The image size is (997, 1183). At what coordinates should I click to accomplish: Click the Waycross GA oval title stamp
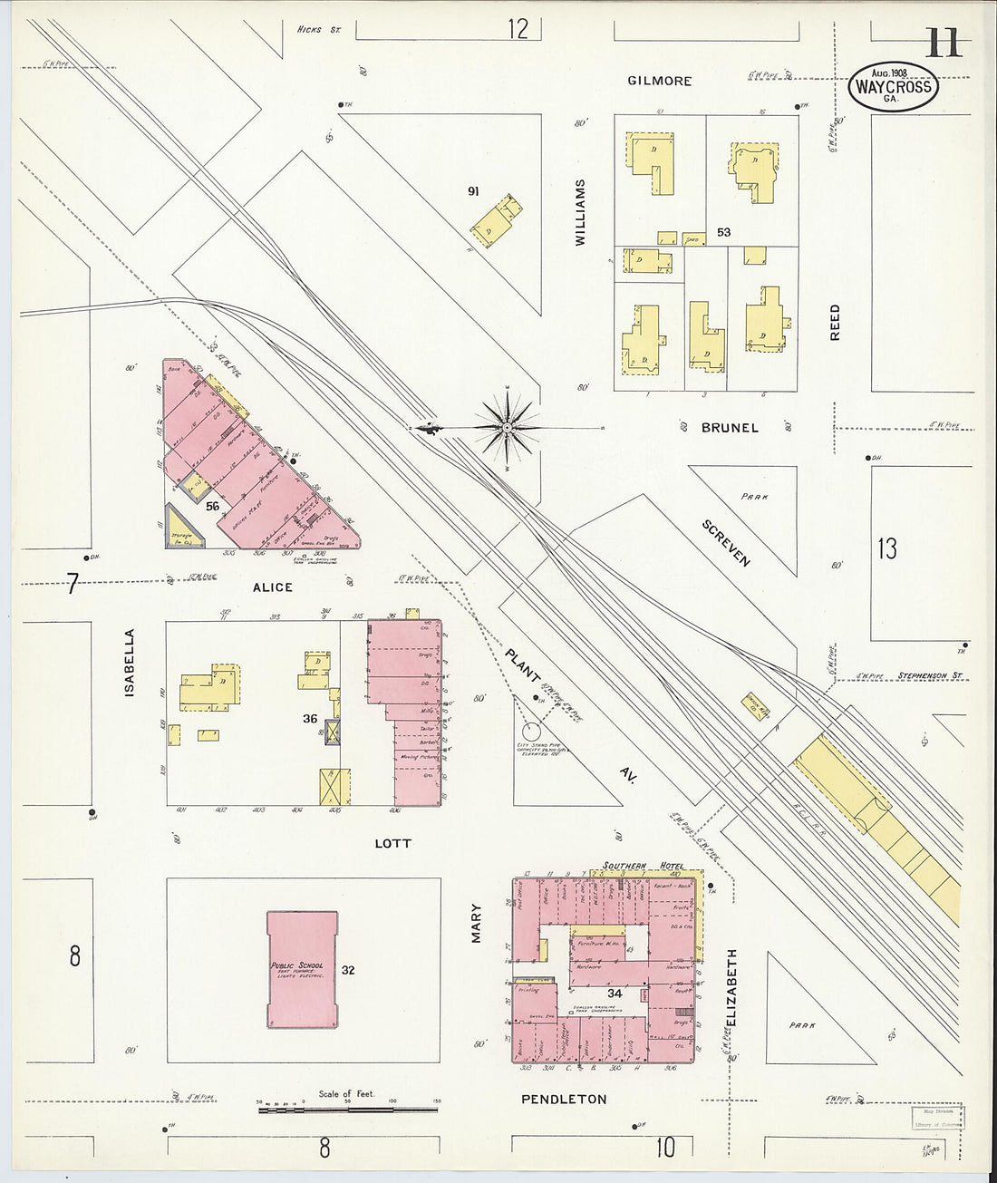pyautogui.click(x=893, y=88)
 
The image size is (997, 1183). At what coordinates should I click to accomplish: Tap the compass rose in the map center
pyautogui.click(x=508, y=426)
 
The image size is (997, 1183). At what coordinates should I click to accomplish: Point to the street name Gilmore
pyautogui.click(x=660, y=81)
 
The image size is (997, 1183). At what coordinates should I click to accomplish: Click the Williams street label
pyautogui.click(x=581, y=212)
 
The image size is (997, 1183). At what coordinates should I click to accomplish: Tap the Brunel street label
pyautogui.click(x=730, y=427)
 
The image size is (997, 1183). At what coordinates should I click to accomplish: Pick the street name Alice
pyautogui.click(x=272, y=587)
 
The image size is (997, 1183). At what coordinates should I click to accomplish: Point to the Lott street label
pyautogui.click(x=392, y=843)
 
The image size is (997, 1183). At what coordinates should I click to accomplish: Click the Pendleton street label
pyautogui.click(x=564, y=1099)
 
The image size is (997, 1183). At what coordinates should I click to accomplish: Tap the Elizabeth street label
pyautogui.click(x=731, y=987)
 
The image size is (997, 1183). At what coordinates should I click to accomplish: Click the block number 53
pyautogui.click(x=723, y=232)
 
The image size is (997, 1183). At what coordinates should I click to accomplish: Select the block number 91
pyautogui.click(x=473, y=190)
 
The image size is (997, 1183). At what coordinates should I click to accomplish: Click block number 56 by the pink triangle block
pyautogui.click(x=212, y=506)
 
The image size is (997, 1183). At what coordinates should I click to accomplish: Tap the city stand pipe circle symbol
pyautogui.click(x=528, y=730)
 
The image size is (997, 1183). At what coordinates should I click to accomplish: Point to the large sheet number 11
pyautogui.click(x=944, y=43)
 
